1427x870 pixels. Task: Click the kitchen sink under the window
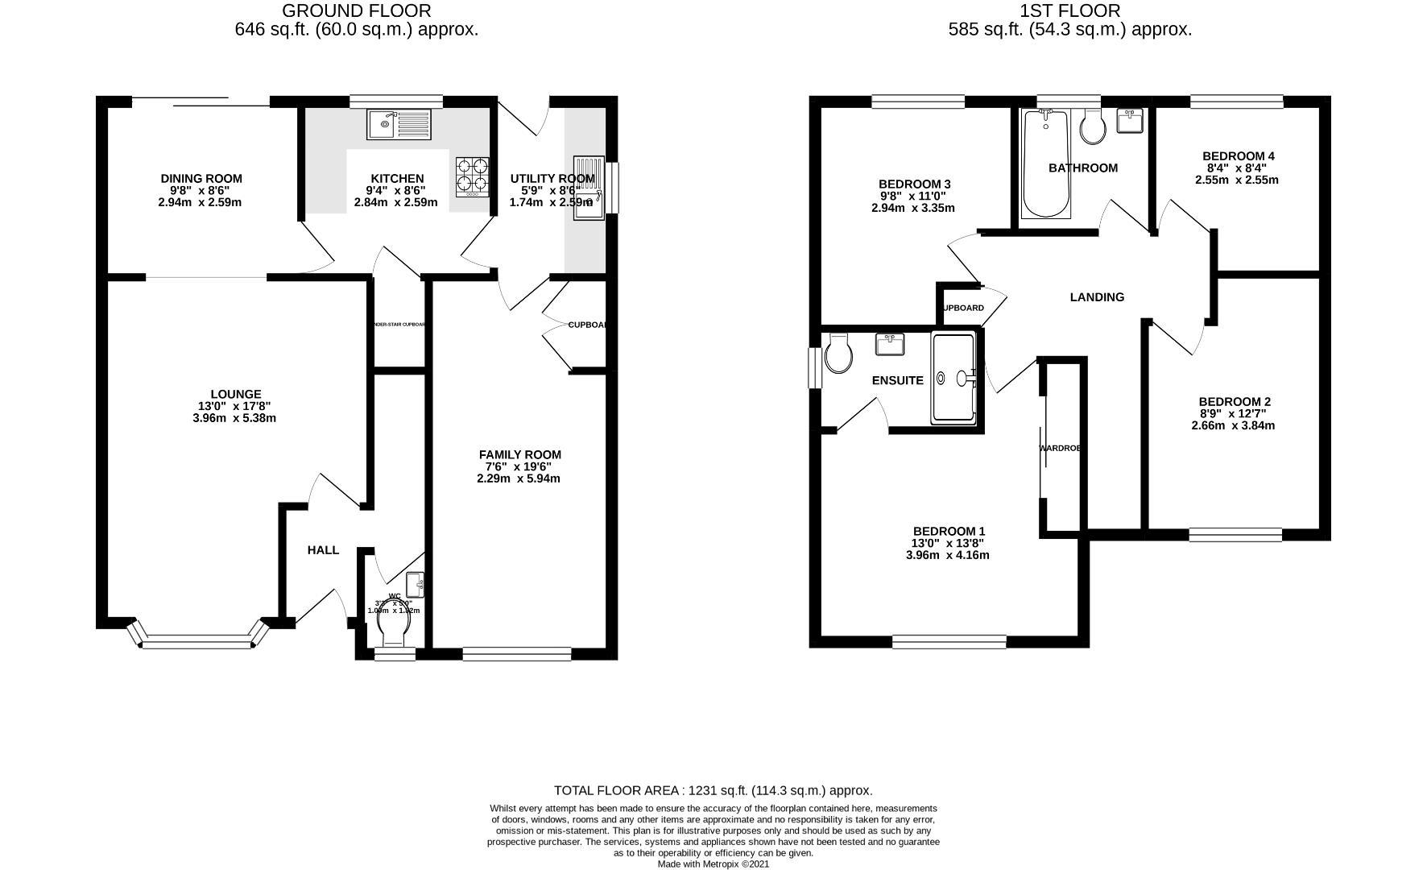point(399,124)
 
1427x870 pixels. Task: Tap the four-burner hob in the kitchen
point(474,176)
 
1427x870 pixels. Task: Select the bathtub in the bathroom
point(1045,164)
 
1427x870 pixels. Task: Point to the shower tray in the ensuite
point(953,378)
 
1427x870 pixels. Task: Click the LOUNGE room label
point(235,395)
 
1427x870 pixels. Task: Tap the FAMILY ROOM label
point(519,454)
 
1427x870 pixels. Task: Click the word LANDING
point(1096,297)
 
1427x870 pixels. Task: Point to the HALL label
point(323,550)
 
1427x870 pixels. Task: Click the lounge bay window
point(198,641)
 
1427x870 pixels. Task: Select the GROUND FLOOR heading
point(357,10)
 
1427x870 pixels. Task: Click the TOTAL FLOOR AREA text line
point(713,791)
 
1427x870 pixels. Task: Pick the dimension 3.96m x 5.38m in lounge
point(234,418)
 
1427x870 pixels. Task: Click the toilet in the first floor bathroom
point(1093,127)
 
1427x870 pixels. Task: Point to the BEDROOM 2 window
point(1235,533)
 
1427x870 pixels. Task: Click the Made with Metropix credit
point(713,864)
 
